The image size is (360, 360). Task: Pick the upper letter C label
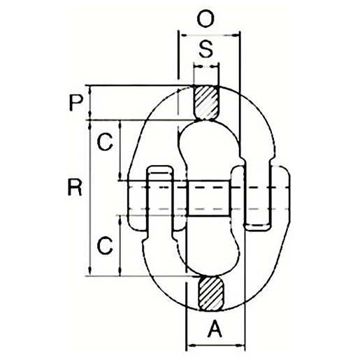click(105, 143)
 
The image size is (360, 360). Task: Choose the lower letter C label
click(105, 245)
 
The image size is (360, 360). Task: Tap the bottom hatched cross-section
click(213, 292)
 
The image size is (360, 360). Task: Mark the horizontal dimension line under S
click(206, 67)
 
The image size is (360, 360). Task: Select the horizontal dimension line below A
click(216, 345)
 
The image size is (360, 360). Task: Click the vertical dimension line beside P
click(91, 103)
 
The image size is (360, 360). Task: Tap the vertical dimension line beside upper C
click(122, 150)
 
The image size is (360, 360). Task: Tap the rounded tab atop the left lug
click(159, 171)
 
